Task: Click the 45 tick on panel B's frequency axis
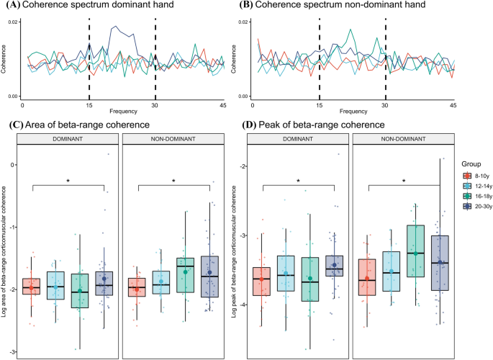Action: (453, 105)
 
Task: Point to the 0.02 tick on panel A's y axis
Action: (13, 23)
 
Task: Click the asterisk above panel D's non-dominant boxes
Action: (405, 181)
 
